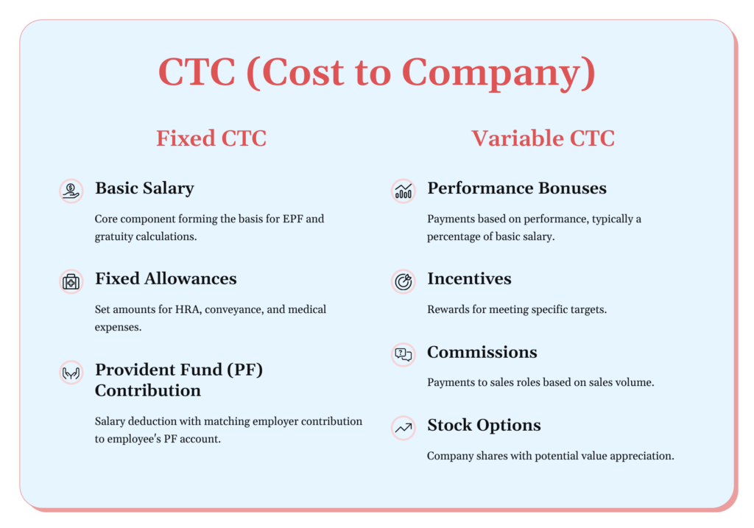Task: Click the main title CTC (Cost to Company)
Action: tap(376, 73)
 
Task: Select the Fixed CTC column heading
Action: tap(211, 138)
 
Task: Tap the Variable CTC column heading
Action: tap(543, 138)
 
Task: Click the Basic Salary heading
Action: tap(144, 188)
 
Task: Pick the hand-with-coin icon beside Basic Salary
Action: tap(71, 191)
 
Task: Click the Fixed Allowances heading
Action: tap(166, 278)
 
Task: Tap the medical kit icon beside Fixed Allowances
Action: tap(71, 281)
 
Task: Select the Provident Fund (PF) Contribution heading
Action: tap(179, 380)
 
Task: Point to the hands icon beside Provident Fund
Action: tap(71, 373)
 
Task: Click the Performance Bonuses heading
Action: tap(517, 188)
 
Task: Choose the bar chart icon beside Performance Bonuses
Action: tap(403, 191)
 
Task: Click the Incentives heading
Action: tap(469, 278)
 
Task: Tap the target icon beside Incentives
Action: tap(403, 281)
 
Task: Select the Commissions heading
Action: tap(482, 352)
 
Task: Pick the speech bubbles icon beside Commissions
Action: tap(403, 355)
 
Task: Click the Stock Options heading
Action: tap(484, 426)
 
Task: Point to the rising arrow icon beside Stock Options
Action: tap(403, 428)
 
